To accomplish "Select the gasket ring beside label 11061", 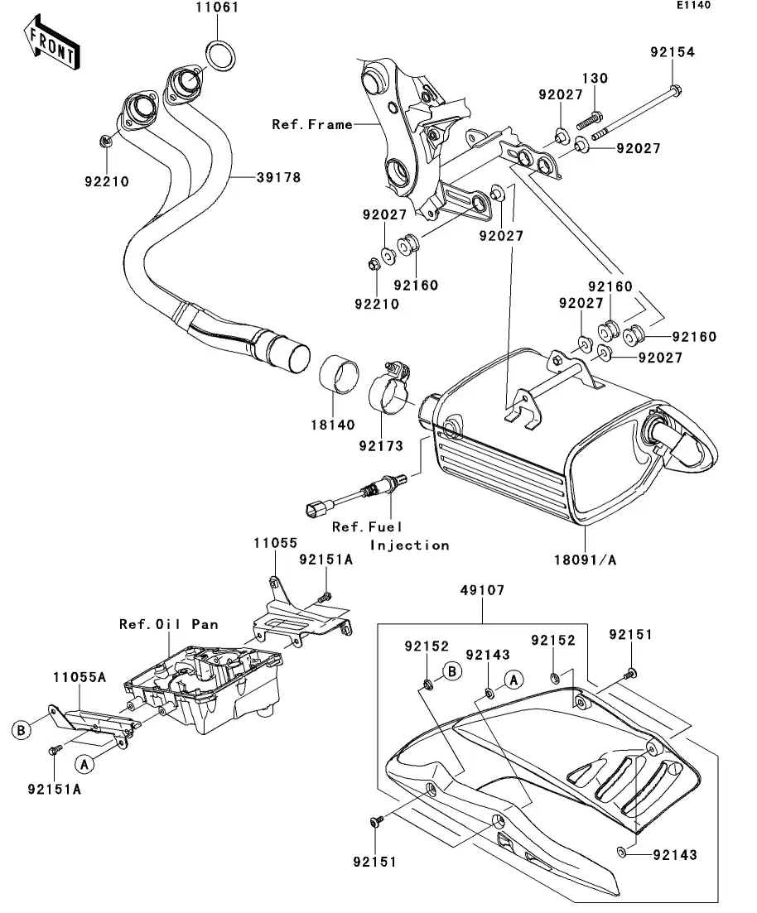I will pyautogui.click(x=219, y=55).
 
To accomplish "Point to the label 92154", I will pyautogui.click(x=672, y=52).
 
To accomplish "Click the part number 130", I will pyautogui.click(x=594, y=79).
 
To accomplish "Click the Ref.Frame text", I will pyautogui.click(x=311, y=125).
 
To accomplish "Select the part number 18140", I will pyautogui.click(x=333, y=425).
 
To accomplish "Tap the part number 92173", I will pyautogui.click(x=380, y=446).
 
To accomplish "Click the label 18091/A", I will pyautogui.click(x=585, y=560).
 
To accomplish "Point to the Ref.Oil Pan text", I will pyautogui.click(x=168, y=624).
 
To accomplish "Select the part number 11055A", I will pyautogui.click(x=80, y=676).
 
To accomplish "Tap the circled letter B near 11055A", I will pyautogui.click(x=22, y=730).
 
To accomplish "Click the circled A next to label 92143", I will pyautogui.click(x=513, y=680).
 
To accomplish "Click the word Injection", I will pyautogui.click(x=409, y=545).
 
